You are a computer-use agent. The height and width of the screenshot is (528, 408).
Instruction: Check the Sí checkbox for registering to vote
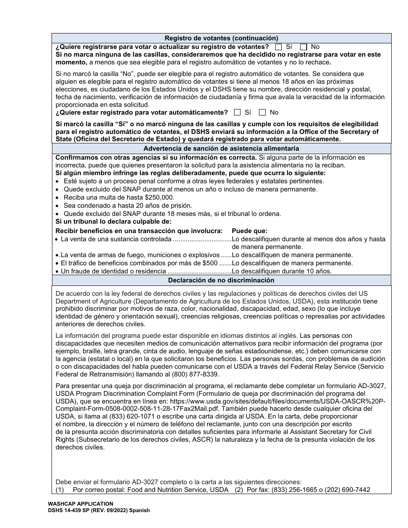(279, 47)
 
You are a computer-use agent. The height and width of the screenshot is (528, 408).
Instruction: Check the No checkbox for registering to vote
(304, 47)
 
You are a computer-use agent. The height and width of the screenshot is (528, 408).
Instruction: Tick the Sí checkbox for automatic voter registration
(237, 112)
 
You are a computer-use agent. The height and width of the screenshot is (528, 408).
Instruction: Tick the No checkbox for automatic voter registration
(263, 112)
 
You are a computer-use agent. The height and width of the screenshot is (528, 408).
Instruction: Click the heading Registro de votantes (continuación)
(221, 38)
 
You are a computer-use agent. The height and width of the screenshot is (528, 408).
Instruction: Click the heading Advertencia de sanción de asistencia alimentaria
(221, 149)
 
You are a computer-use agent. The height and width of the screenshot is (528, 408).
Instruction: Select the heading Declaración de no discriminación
(221, 280)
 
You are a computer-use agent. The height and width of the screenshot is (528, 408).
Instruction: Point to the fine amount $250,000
(159, 197)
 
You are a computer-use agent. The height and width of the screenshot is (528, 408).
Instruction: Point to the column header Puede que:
(250, 231)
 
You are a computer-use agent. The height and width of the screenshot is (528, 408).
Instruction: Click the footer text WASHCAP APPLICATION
(81, 504)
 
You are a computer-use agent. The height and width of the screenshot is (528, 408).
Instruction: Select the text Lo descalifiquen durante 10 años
(282, 271)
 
